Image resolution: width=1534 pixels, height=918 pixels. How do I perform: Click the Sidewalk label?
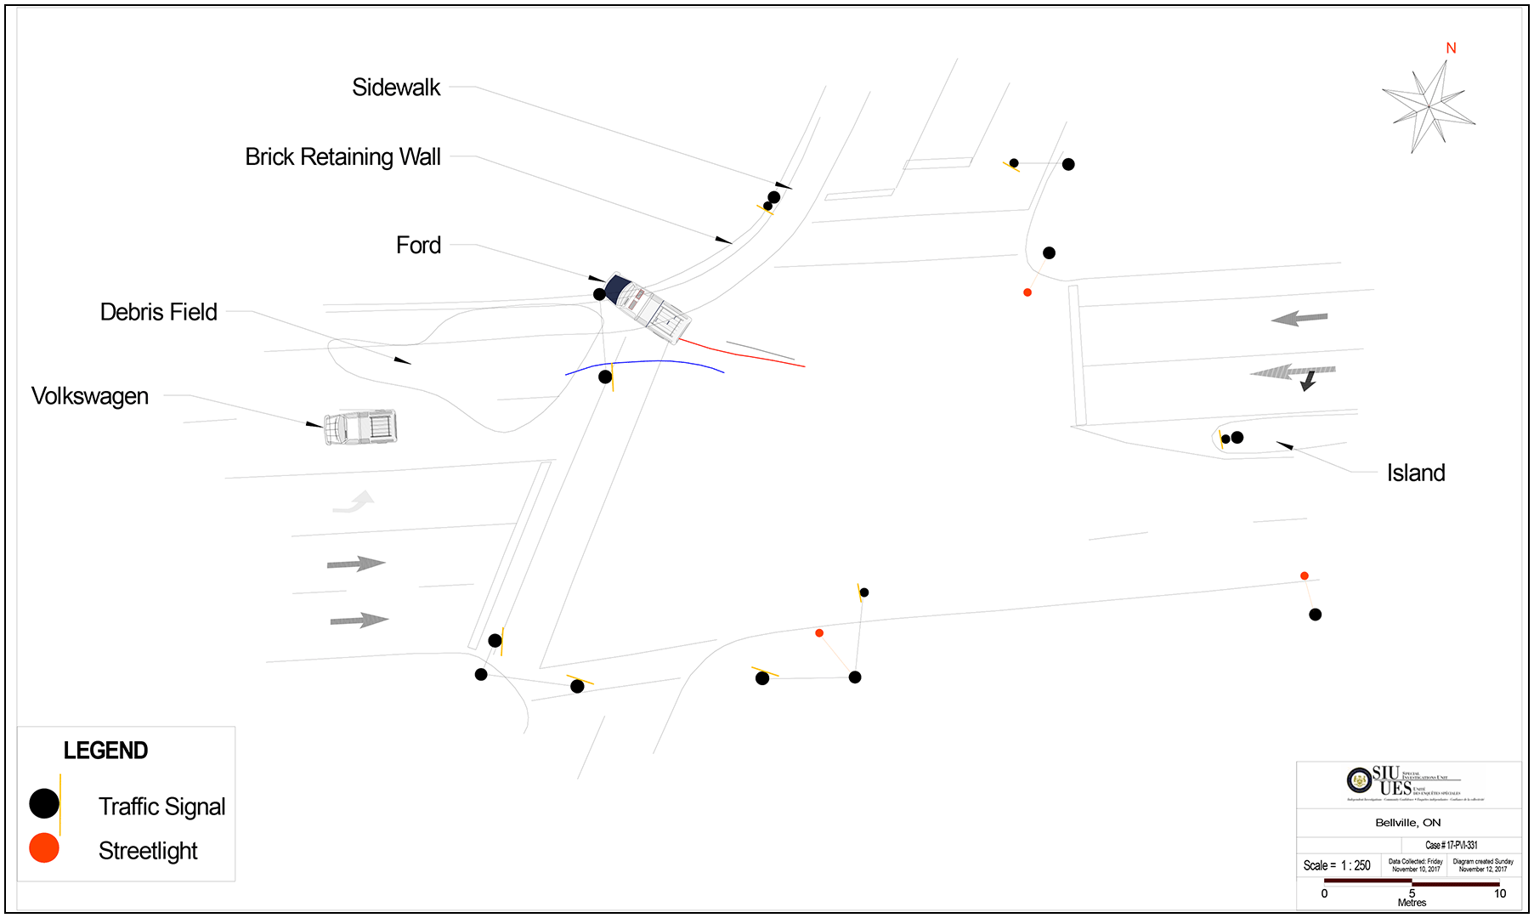(396, 88)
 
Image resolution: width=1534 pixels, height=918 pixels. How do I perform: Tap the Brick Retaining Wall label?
(342, 157)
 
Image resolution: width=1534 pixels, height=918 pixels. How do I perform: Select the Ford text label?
(418, 246)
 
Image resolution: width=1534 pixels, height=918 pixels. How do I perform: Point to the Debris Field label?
(159, 312)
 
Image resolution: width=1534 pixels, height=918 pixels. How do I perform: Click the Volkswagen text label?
(90, 396)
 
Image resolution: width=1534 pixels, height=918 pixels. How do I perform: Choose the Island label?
(1415, 473)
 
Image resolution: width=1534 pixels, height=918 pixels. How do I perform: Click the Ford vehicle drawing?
(648, 307)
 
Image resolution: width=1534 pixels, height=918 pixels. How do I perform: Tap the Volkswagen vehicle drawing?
(361, 427)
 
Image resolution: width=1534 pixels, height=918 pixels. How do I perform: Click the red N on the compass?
(1451, 48)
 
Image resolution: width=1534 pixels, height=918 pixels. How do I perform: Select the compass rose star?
(1430, 107)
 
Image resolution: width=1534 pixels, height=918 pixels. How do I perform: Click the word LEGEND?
(105, 751)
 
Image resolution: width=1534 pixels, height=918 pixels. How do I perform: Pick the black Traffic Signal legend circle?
(44, 803)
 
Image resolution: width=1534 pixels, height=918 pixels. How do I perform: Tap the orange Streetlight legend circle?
(44, 847)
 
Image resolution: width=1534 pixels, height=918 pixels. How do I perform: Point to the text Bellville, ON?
(1407, 823)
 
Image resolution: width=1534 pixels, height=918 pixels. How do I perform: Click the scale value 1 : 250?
(1356, 865)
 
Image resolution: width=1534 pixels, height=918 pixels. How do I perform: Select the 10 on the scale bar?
(1500, 893)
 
